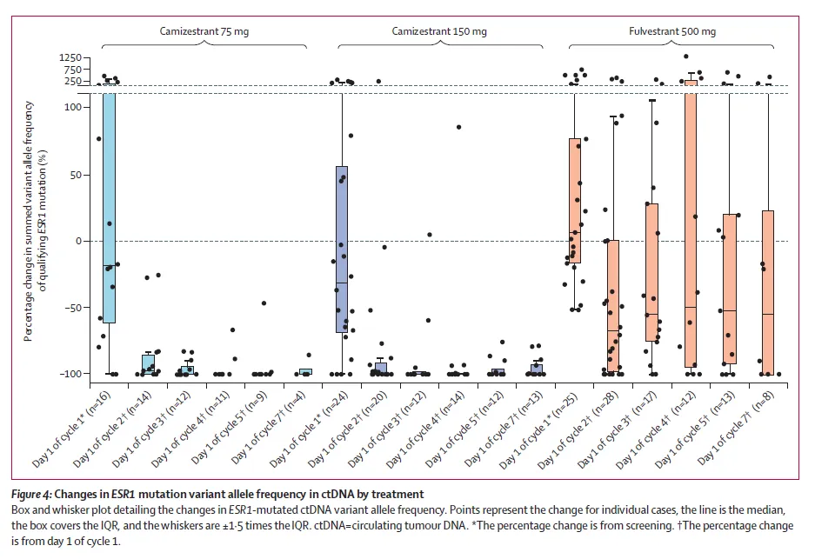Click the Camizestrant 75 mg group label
(203, 31)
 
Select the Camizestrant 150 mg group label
(439, 31)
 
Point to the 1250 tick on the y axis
(70, 57)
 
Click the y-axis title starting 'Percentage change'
(34, 221)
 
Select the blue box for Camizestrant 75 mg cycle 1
(110, 209)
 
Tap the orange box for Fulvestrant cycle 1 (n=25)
(574, 201)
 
